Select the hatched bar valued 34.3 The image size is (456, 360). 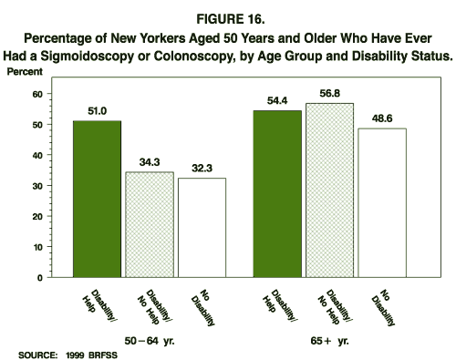coord(150,224)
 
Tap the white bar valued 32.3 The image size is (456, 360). coord(201,227)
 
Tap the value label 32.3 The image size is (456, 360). coord(201,169)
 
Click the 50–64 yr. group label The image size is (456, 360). coord(149,337)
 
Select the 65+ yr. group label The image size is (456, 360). coord(328,337)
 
